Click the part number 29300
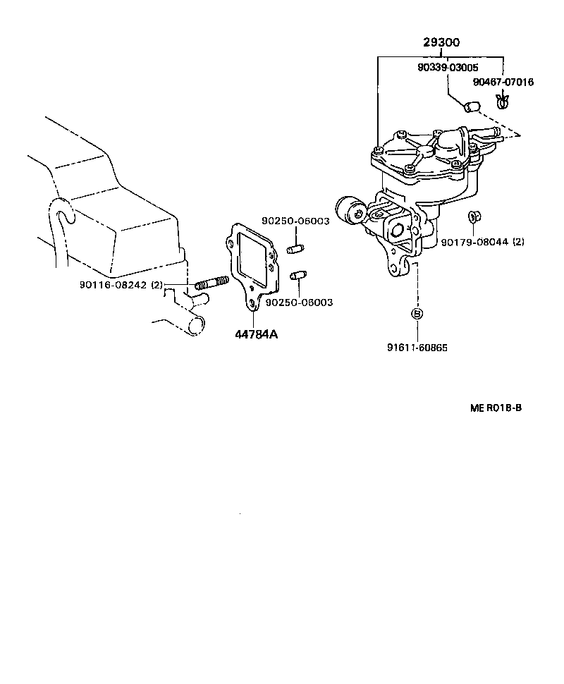click(441, 43)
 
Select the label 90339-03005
click(447, 68)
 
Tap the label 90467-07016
click(503, 82)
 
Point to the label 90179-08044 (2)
click(483, 242)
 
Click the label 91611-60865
click(417, 348)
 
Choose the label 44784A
click(257, 334)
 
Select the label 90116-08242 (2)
click(121, 285)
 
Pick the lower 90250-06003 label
click(299, 302)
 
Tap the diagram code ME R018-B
click(496, 408)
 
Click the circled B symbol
click(417, 314)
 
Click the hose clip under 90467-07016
click(503, 104)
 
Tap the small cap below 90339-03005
click(470, 107)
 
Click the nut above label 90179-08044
click(474, 216)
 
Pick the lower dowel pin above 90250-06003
click(298, 275)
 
